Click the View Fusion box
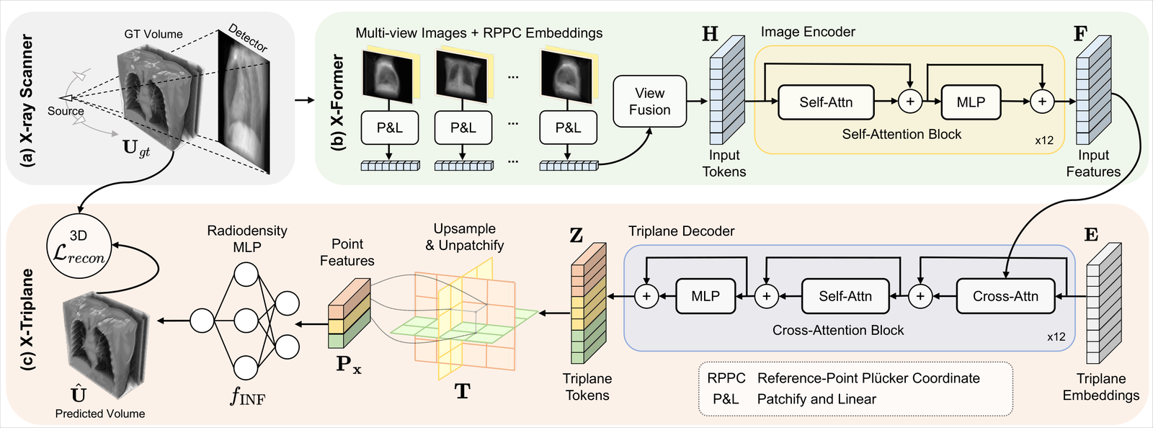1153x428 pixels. (649, 102)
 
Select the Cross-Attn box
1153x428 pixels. (1005, 296)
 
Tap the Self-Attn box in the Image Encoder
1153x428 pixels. (826, 102)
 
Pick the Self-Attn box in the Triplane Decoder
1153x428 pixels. (845, 296)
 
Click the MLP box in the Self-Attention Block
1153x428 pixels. (971, 102)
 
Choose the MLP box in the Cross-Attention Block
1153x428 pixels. (705, 296)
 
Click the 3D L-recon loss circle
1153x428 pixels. (79, 246)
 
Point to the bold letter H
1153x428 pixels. (710, 34)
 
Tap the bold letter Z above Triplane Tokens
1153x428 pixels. (576, 235)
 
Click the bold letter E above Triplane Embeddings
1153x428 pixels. (1091, 235)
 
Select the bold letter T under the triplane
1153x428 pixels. (462, 391)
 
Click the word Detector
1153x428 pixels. (248, 38)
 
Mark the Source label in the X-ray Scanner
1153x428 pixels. (66, 111)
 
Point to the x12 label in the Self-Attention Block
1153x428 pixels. (1044, 141)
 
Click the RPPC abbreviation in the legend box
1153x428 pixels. (726, 378)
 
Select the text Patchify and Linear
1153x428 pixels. (817, 399)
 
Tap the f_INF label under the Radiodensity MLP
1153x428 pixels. (248, 396)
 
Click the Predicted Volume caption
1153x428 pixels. (100, 414)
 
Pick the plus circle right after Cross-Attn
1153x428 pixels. (920, 296)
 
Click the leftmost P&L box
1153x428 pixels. (390, 128)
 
